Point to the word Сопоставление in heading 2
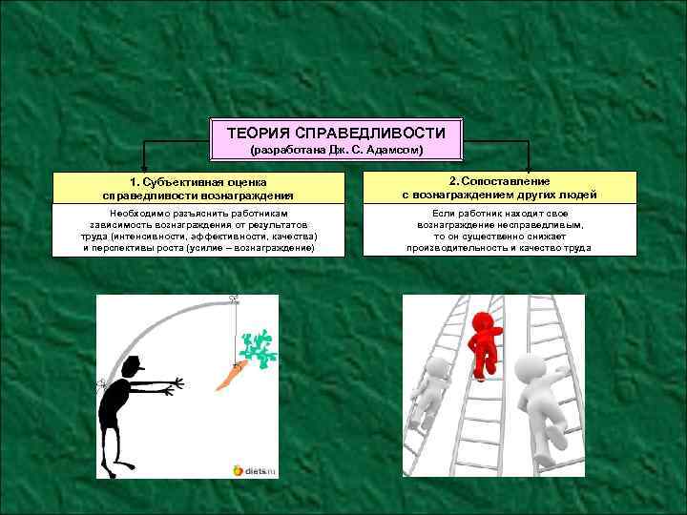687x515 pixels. [506, 181]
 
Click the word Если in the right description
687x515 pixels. [444, 214]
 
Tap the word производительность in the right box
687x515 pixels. [457, 248]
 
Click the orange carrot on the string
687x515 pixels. [232, 376]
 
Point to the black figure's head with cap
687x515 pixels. [133, 367]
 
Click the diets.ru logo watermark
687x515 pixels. [255, 471]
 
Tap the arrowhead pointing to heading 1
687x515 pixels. [144, 168]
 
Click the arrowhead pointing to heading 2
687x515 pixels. [528, 168]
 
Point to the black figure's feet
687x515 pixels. [118, 469]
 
